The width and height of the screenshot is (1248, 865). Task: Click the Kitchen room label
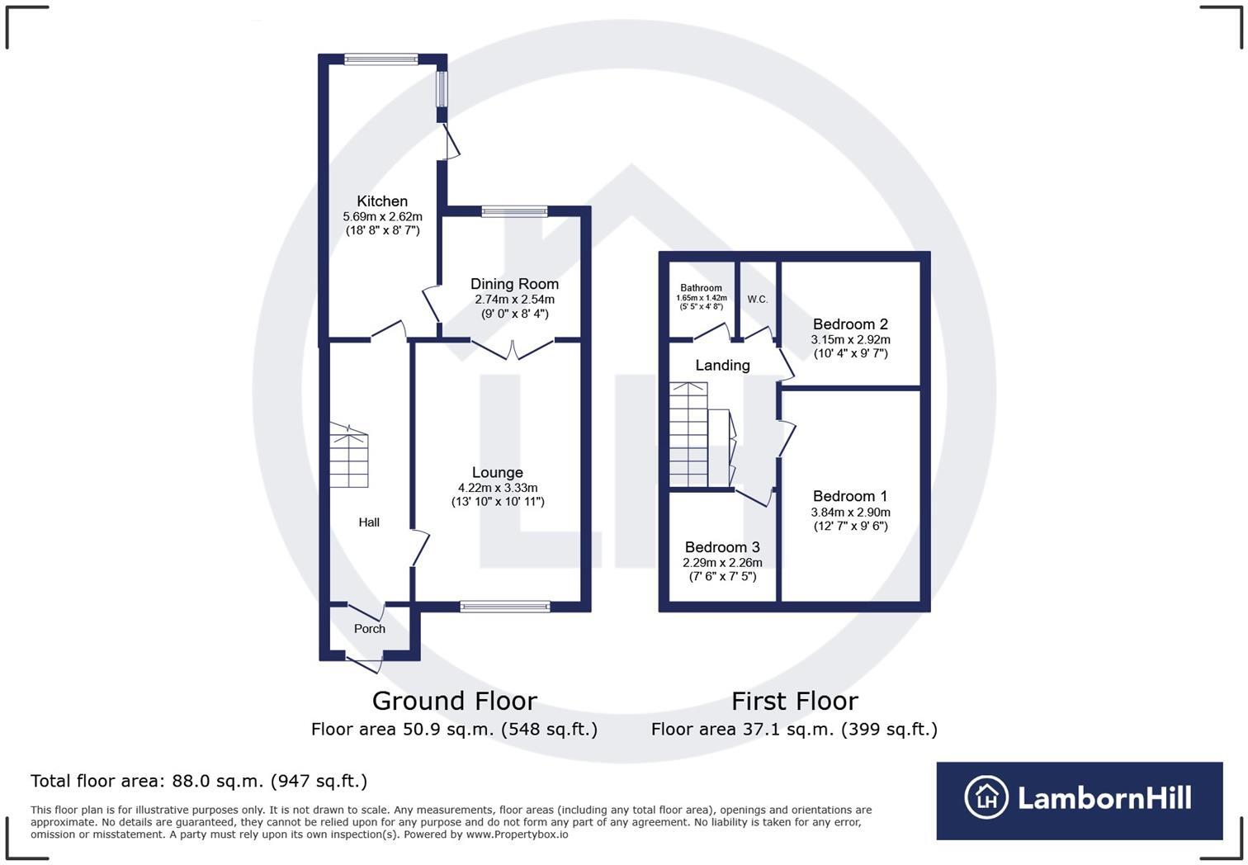click(x=382, y=201)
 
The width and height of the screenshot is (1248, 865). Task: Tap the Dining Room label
click(x=514, y=284)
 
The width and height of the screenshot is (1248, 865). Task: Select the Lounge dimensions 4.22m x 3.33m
click(x=498, y=488)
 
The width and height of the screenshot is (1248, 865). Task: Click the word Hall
click(x=369, y=522)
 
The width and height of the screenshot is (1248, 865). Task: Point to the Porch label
click(x=370, y=629)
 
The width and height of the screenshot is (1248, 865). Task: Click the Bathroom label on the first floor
click(x=701, y=288)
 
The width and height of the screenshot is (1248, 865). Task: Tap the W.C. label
click(x=758, y=300)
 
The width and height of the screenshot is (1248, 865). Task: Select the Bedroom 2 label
click(x=850, y=324)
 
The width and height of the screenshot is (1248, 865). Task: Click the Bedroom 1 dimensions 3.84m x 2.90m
click(x=850, y=512)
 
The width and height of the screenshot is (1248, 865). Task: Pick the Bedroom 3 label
click(x=722, y=547)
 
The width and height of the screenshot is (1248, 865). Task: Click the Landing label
click(x=722, y=366)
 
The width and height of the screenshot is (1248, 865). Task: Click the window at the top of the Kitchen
click(x=381, y=59)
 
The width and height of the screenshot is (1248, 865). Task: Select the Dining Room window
click(x=514, y=211)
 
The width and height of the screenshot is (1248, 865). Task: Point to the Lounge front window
click(x=505, y=607)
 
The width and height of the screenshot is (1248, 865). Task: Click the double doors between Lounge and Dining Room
click(x=513, y=349)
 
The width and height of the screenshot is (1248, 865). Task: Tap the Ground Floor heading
click(x=455, y=701)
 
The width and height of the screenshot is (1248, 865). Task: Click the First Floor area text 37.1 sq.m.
click(x=794, y=730)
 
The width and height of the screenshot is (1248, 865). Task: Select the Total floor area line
click(x=199, y=781)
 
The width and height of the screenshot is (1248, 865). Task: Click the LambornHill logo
click(x=1079, y=799)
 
